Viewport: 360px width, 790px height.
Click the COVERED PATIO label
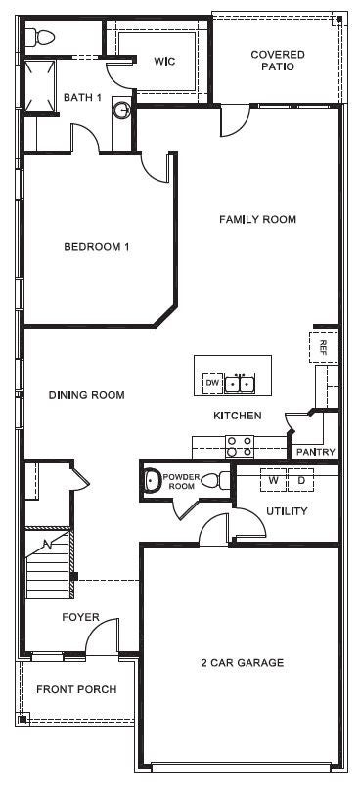(x=278, y=61)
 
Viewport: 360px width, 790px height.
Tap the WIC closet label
(x=164, y=61)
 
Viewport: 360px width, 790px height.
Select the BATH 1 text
(x=83, y=97)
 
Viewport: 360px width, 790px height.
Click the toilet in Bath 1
(x=42, y=38)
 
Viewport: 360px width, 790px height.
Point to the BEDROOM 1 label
(x=97, y=247)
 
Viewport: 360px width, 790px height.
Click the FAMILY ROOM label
(x=257, y=220)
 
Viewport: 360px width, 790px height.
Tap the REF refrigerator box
(x=324, y=346)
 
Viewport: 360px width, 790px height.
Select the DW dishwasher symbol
(x=211, y=384)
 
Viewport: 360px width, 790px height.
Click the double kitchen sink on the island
(x=240, y=384)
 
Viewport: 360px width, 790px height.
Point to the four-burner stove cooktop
(x=240, y=446)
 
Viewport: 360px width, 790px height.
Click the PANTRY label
(x=315, y=452)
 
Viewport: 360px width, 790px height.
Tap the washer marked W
(x=274, y=481)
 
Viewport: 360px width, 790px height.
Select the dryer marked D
(x=301, y=481)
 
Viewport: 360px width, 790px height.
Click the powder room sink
(x=151, y=480)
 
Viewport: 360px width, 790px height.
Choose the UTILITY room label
(x=287, y=511)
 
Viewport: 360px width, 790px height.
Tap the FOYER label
(x=79, y=617)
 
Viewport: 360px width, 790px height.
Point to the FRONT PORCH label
(x=76, y=689)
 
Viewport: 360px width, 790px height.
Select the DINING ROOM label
(x=87, y=395)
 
